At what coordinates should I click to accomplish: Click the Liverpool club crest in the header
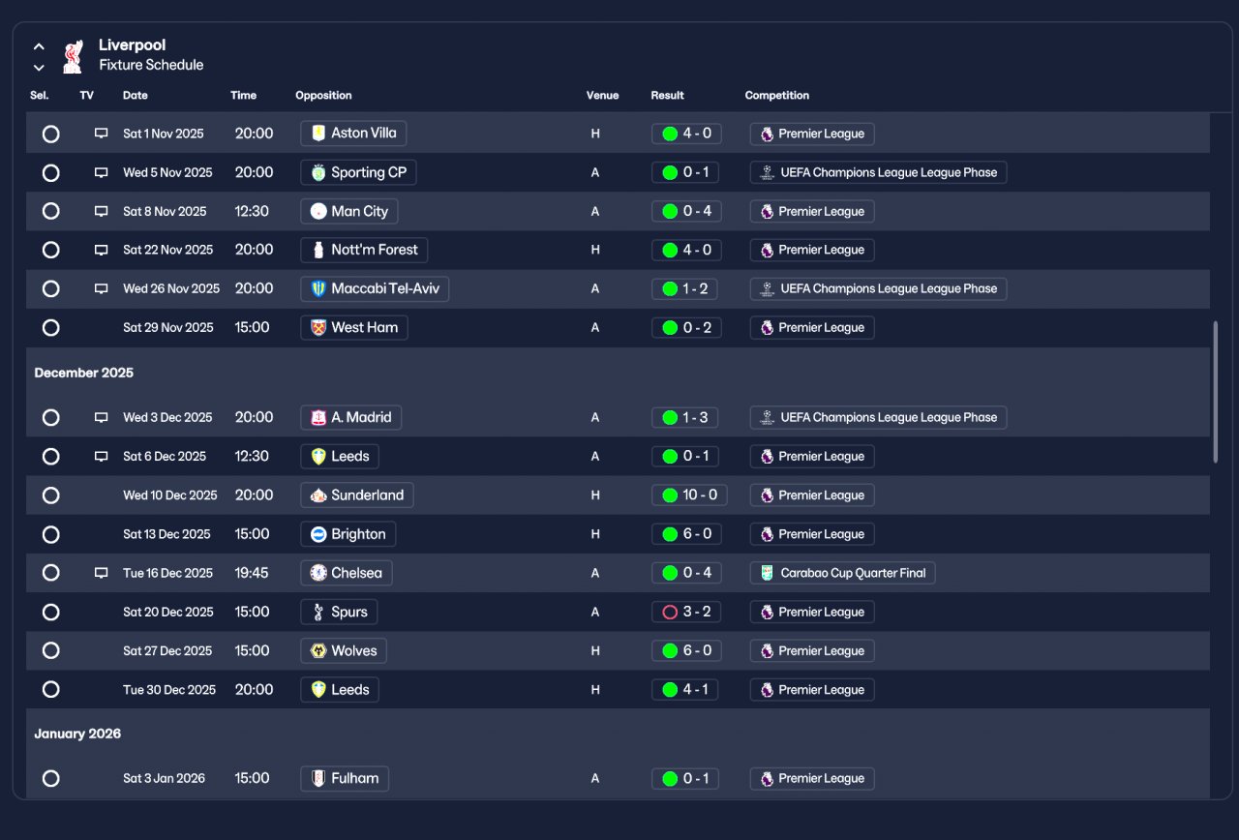(73, 56)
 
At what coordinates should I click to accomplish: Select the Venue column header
(602, 95)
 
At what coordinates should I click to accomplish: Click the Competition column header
(776, 95)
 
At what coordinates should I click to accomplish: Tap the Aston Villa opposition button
(353, 134)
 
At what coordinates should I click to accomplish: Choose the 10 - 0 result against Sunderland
(689, 495)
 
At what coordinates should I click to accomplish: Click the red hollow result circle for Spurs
(670, 613)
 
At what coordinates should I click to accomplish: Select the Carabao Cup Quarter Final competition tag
(842, 573)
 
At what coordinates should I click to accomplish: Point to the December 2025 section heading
(83, 373)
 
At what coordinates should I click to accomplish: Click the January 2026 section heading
(77, 734)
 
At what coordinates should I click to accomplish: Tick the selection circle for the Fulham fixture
(51, 779)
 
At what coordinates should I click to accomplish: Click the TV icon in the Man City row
(101, 211)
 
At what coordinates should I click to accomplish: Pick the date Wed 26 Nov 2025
(171, 288)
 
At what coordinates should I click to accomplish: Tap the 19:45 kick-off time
(252, 573)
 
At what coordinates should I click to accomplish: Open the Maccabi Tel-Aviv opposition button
(375, 288)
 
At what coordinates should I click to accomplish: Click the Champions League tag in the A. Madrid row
(878, 417)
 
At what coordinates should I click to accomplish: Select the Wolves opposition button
(344, 651)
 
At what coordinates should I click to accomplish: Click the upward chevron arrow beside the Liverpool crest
(39, 46)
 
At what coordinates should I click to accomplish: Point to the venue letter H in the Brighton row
(595, 534)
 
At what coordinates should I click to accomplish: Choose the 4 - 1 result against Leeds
(684, 690)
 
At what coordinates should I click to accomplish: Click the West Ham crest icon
(318, 328)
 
